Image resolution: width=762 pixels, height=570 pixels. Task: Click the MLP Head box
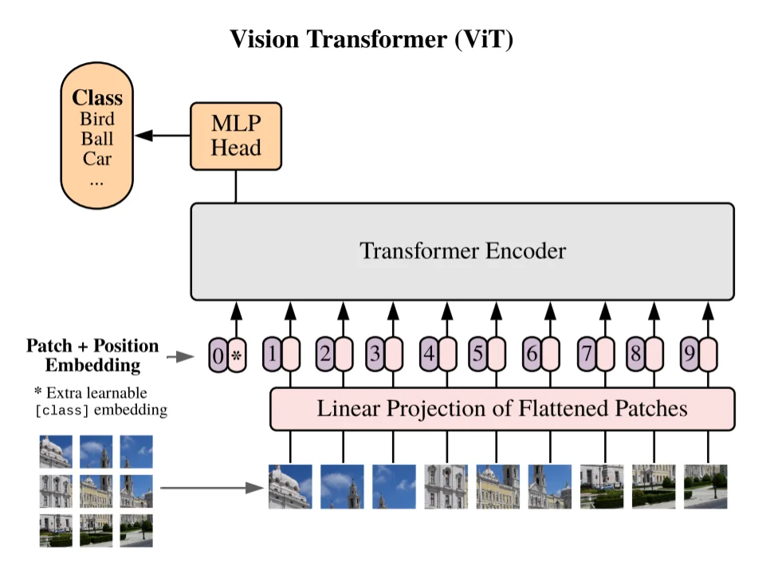(x=236, y=136)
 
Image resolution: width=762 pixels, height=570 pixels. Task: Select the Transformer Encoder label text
(x=462, y=251)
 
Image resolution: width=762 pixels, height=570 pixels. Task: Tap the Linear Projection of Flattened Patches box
(x=502, y=409)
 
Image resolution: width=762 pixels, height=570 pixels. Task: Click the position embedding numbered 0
(x=218, y=356)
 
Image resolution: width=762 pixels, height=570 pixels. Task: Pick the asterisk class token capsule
(x=237, y=356)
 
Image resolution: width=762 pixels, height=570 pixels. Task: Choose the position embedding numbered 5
(x=478, y=354)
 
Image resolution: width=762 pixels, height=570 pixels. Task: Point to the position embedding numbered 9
(x=689, y=354)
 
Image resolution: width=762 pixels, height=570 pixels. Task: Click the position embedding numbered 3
(x=375, y=354)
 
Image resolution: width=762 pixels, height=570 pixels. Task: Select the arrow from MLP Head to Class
(x=163, y=136)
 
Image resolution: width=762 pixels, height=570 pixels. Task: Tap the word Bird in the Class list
(x=97, y=119)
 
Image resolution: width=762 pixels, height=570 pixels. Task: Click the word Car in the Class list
(x=97, y=159)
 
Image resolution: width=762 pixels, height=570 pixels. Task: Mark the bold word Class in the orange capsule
(x=97, y=97)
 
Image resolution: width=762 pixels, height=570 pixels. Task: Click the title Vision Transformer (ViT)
(x=371, y=39)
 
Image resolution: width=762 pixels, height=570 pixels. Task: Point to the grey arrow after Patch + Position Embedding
(x=180, y=356)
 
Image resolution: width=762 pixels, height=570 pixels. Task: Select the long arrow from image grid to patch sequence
(x=212, y=487)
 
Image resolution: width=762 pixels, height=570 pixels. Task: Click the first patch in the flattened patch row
(x=290, y=486)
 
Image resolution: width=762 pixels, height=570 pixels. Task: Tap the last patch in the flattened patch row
(x=705, y=486)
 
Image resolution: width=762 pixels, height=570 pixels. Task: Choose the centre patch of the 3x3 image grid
(x=96, y=491)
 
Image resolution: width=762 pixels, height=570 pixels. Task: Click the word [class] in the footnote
(x=62, y=411)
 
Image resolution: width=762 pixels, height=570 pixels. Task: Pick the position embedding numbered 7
(x=587, y=354)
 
